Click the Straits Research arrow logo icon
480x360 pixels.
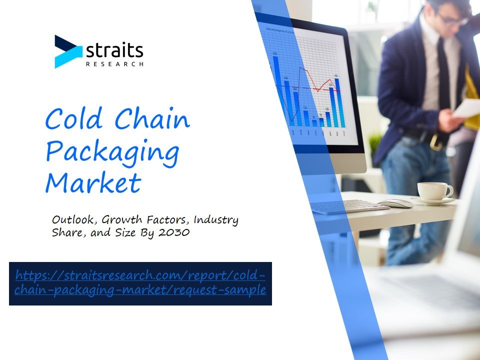pyautogui.click(x=68, y=51)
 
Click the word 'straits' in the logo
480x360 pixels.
pyautogui.click(x=114, y=50)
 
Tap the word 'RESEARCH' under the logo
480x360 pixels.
pyautogui.click(x=114, y=64)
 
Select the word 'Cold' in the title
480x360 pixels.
pyautogui.click(x=74, y=118)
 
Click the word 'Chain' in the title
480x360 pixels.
pyautogui.click(x=152, y=118)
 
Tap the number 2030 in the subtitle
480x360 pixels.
pyautogui.click(x=174, y=232)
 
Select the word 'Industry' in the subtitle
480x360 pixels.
pyautogui.click(x=216, y=220)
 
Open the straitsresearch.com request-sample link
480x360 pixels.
pyautogui.click(x=140, y=282)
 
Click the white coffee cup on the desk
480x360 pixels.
pyautogui.click(x=435, y=191)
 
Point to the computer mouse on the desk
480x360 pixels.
pyautogui.click(x=395, y=203)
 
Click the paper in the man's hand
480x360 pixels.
pyautogui.click(x=466, y=108)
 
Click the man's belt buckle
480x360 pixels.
pyautogui.click(x=434, y=142)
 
